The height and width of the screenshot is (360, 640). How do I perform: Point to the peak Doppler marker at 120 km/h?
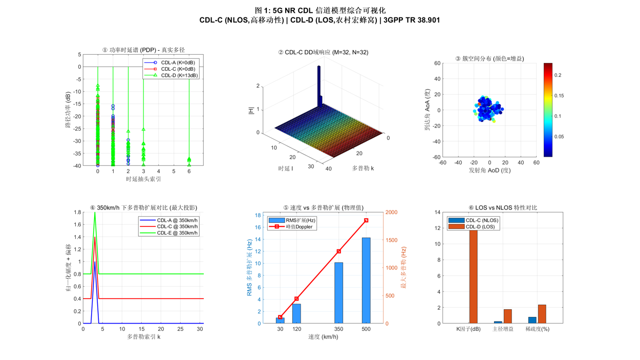[297, 299]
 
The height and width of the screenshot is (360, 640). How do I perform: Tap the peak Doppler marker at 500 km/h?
[366, 221]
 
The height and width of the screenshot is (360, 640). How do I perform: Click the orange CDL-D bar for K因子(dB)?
[473, 277]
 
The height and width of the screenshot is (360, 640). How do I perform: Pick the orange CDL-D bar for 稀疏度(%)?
[542, 314]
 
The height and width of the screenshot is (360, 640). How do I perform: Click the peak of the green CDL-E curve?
[95, 213]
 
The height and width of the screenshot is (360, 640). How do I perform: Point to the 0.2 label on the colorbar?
[558, 75]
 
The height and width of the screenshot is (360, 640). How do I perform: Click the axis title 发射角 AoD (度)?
[489, 170]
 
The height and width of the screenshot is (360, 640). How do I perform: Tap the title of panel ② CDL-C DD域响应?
[323, 52]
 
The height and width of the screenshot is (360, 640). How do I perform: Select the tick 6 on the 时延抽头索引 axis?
[189, 172]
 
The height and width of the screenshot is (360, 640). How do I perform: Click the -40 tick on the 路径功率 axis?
[76, 165]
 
